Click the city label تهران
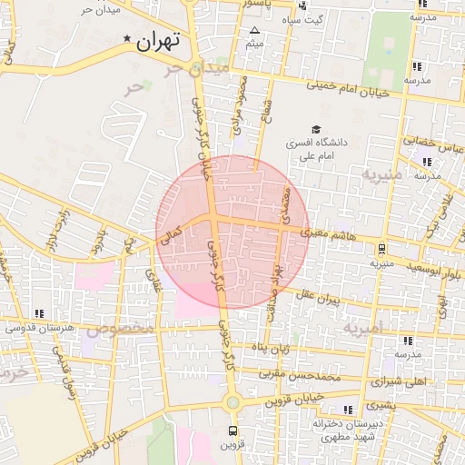(x=159, y=41)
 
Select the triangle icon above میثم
(x=253, y=31)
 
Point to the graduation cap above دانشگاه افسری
(x=315, y=129)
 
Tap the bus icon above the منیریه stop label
(x=382, y=248)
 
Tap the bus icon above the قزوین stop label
(x=232, y=430)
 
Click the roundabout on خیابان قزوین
(x=232, y=402)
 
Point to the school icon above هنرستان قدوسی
(x=38, y=313)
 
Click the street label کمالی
(x=171, y=238)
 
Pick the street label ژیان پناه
(x=271, y=348)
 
